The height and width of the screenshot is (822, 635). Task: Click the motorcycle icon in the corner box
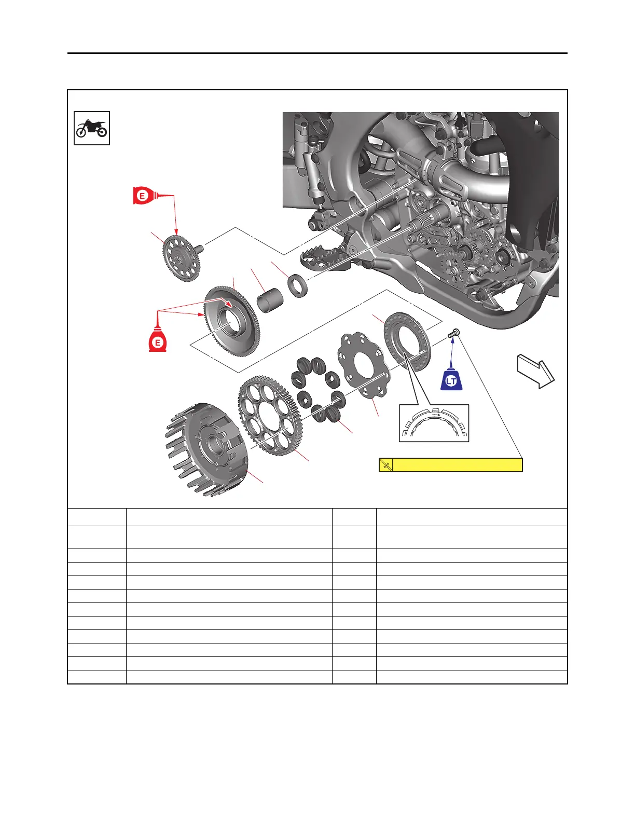pos(92,128)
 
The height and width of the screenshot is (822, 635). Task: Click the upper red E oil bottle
pos(144,196)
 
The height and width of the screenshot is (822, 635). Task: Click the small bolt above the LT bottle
pos(454,333)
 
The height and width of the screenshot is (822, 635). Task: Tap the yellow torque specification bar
pos(457,465)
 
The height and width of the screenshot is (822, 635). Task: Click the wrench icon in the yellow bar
pos(386,465)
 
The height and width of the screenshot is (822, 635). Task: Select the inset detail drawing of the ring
pos(434,423)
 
